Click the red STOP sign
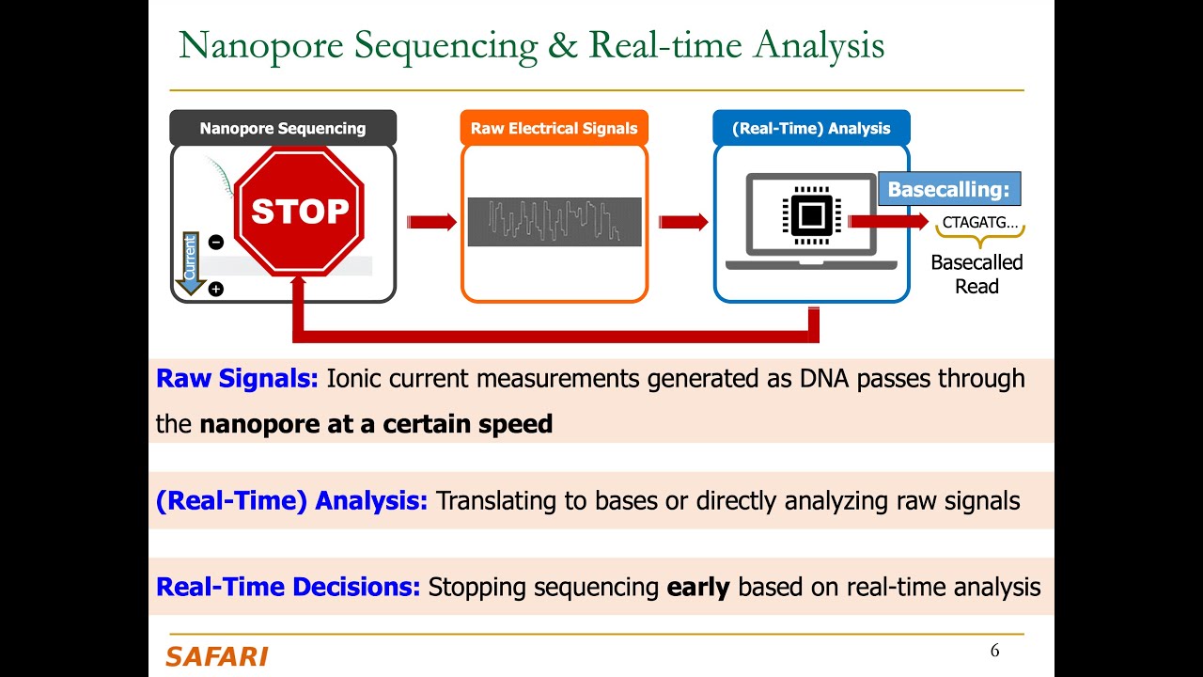pos(299,212)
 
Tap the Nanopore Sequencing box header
pos(283,128)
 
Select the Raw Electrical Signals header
pos(554,128)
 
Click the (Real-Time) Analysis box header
pos(811,128)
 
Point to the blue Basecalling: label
pos(948,189)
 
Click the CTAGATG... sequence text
pos(979,223)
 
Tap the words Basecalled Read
pos(976,275)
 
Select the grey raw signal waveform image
pos(555,222)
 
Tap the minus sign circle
pos(215,243)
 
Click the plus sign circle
pos(215,289)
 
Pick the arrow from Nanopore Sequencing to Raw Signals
pos(430,222)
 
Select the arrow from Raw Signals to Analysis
pos(682,222)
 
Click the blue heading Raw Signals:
pos(237,379)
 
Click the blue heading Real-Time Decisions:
pos(288,588)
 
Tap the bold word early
pos(698,588)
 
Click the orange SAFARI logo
pos(217,656)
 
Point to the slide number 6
pos(994,651)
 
